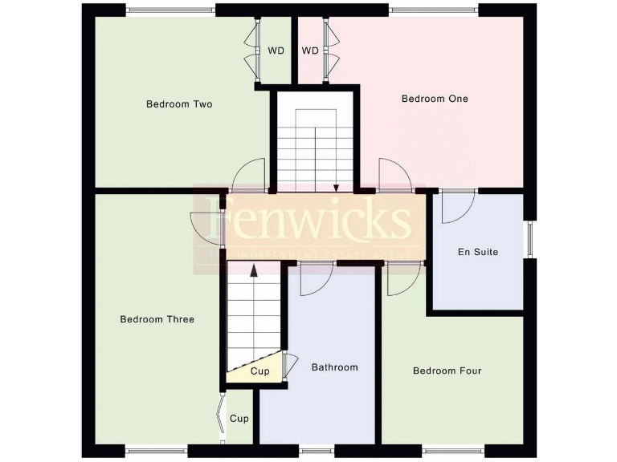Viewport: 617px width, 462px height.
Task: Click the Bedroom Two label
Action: pos(179,104)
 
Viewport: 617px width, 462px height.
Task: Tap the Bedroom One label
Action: pos(435,99)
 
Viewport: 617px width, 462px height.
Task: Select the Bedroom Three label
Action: pos(157,319)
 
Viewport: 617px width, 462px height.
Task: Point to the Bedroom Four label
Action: pos(447,371)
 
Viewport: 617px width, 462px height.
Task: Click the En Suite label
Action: pos(478,252)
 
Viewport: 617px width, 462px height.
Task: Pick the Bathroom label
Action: pos(334,367)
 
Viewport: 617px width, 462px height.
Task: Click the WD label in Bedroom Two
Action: pos(276,51)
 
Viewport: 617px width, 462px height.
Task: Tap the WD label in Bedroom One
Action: pos(310,51)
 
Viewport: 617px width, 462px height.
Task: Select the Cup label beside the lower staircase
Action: pos(259,371)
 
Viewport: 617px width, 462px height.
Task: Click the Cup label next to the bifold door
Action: pos(239,419)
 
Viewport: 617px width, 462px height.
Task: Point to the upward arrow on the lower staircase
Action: pos(255,271)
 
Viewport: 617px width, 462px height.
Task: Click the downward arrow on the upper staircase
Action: pos(337,186)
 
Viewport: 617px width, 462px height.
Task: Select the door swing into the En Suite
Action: pos(456,208)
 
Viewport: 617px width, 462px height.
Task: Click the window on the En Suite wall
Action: pos(529,238)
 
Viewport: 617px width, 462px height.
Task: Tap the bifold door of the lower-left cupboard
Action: pos(220,416)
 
